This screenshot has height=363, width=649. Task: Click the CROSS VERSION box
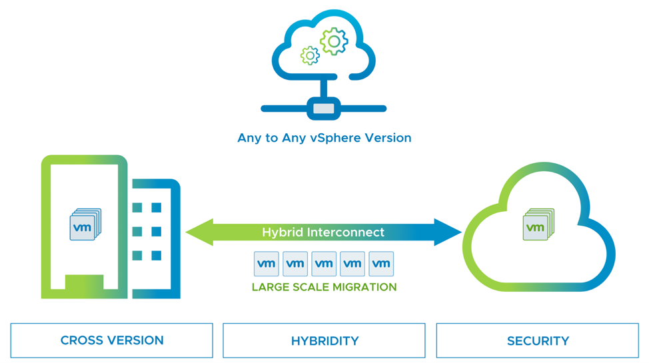pos(111,340)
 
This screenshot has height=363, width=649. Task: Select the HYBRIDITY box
pos(324,340)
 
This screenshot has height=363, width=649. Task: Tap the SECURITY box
pos(537,340)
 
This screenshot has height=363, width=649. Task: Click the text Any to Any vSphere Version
pos(324,138)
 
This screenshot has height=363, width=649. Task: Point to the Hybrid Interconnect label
pos(323,232)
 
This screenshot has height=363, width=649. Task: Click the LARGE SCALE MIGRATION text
pos(324,287)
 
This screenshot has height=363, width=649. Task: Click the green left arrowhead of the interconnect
pos(199,232)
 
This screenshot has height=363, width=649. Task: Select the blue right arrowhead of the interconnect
pos(448,232)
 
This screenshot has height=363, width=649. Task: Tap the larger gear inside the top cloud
pos(333,42)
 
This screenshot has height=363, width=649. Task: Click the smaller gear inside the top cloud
pos(310,56)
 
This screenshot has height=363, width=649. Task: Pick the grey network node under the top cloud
pos(324,108)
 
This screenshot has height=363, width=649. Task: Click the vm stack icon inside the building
pos(85,225)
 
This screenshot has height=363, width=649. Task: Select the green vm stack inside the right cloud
pos(538,225)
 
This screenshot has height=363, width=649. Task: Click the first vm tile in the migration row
pos(267,264)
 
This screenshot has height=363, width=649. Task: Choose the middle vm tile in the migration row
pos(324,264)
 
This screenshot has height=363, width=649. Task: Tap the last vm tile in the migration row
pos(381,264)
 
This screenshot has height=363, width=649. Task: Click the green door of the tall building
pos(85,282)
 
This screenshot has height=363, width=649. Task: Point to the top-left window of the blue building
pos(137,208)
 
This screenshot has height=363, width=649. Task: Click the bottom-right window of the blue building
pos(157,256)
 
